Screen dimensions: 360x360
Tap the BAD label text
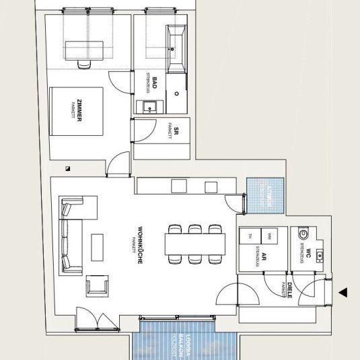pos(154,83)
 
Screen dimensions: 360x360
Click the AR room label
pos(265,257)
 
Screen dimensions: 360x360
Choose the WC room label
pos(308,254)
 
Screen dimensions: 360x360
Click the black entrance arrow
pos(343,292)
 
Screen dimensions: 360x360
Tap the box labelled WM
pos(269,235)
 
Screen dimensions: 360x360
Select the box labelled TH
pos(250,235)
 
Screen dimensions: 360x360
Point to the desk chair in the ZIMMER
pos(83,64)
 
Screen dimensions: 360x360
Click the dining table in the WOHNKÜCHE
pos(195,243)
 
